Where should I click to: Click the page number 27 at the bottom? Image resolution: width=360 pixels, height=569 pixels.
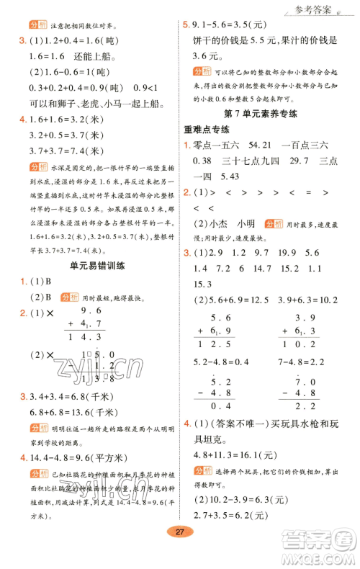coord(179,552)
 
